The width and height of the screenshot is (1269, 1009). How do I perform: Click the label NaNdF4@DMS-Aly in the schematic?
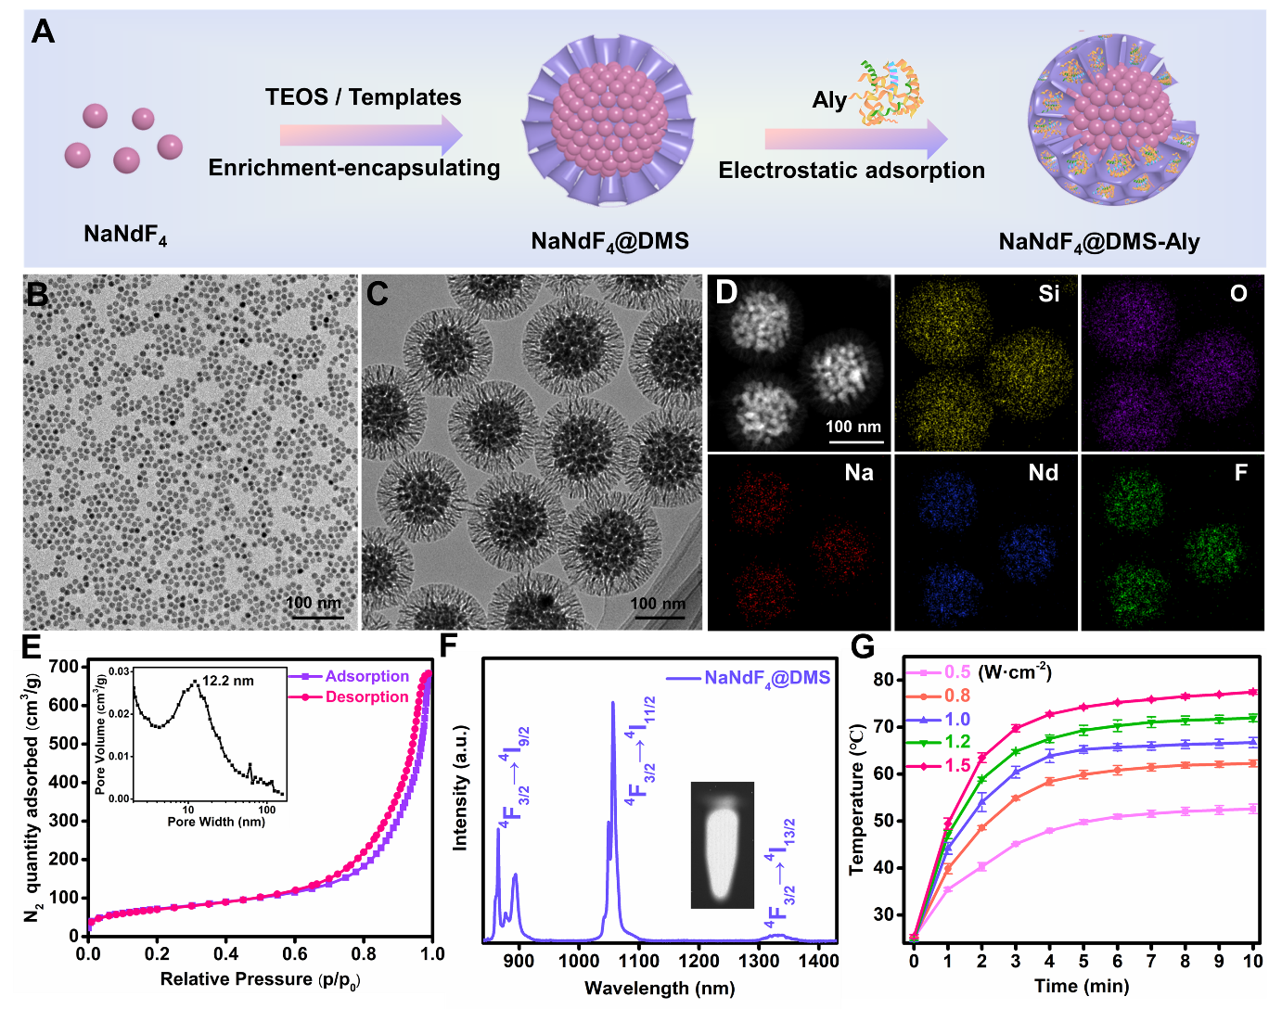(x=1099, y=243)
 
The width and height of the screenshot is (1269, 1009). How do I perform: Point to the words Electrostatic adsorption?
(x=852, y=171)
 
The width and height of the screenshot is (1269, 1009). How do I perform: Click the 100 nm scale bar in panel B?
(x=314, y=617)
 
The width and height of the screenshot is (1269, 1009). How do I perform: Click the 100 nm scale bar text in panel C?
(x=658, y=605)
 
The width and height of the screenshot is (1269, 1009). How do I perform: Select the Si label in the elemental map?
(x=1049, y=294)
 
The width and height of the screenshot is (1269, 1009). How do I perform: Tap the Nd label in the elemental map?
(x=1044, y=473)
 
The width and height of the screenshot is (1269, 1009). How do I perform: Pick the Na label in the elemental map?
(x=859, y=473)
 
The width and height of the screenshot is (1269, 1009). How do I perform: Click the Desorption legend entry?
(x=366, y=697)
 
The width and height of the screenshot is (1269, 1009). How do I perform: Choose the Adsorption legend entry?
(x=366, y=677)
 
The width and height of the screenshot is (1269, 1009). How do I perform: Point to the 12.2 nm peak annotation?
(x=228, y=681)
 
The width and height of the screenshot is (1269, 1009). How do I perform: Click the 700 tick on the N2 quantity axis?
(x=64, y=667)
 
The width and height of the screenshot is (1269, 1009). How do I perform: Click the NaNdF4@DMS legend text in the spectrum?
(x=767, y=678)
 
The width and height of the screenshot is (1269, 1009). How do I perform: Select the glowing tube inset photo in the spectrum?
(x=723, y=845)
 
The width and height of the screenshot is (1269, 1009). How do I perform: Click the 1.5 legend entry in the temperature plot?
(x=956, y=766)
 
